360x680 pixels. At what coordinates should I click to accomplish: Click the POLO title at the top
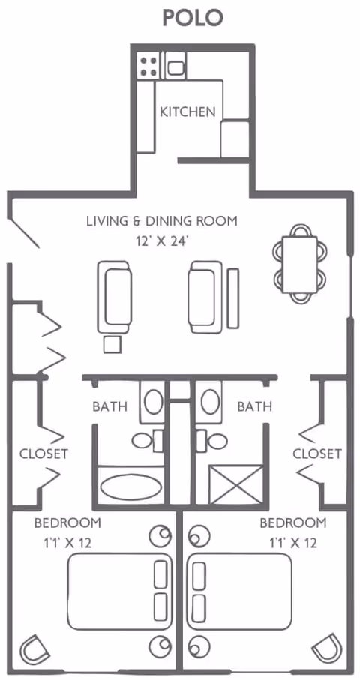(x=193, y=17)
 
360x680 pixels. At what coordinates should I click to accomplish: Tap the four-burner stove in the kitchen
(x=148, y=66)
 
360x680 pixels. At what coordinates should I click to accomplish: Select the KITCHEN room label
(x=187, y=112)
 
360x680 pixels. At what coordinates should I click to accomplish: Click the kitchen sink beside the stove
(x=175, y=68)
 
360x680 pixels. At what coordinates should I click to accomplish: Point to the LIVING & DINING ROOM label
(x=161, y=221)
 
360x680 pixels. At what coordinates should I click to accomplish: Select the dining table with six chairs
(x=300, y=264)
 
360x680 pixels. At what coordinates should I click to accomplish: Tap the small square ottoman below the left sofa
(x=112, y=343)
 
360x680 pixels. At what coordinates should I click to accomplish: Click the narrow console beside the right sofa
(x=233, y=297)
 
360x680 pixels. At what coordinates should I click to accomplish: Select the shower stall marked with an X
(x=236, y=484)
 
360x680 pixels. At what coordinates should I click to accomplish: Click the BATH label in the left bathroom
(x=109, y=407)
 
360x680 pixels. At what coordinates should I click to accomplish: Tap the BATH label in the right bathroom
(x=254, y=407)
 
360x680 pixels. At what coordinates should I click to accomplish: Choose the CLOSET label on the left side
(x=43, y=454)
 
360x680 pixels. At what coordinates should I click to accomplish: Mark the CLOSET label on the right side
(x=316, y=454)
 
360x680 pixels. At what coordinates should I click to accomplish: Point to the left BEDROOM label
(x=67, y=523)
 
